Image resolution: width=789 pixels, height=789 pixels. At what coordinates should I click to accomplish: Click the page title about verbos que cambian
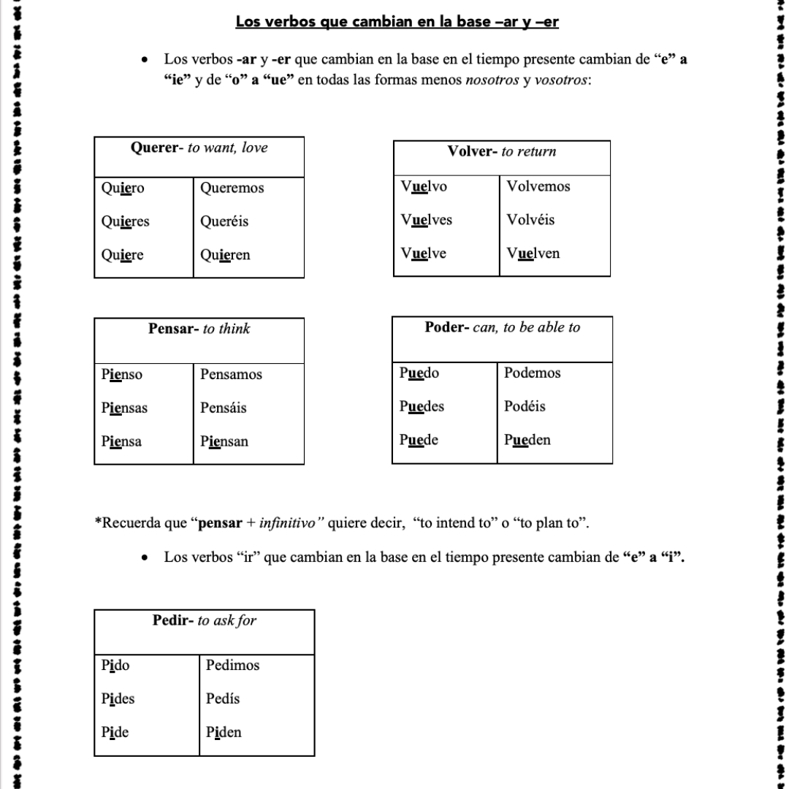pos(397,21)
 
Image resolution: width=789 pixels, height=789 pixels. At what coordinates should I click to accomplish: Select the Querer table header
pos(199,148)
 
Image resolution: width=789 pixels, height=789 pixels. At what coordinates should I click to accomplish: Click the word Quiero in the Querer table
pos(123,188)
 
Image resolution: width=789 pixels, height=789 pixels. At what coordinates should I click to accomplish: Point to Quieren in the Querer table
pos(225,256)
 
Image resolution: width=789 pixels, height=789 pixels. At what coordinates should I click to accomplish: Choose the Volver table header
pos(501,152)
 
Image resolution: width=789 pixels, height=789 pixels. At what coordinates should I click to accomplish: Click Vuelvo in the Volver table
pos(424,187)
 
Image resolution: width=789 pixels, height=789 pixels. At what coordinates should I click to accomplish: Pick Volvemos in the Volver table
pos(538,187)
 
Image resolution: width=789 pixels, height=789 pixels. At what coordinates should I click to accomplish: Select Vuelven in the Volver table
pos(533,254)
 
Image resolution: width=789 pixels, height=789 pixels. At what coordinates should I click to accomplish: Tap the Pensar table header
pos(199,329)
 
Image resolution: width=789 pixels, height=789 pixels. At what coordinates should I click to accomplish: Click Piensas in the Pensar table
pos(124,408)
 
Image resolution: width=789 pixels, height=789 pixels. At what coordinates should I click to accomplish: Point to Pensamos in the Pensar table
pos(231,375)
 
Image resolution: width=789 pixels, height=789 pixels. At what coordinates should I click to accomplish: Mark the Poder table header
pos(502,328)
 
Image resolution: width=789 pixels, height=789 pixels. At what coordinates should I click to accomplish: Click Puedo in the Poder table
pos(419,373)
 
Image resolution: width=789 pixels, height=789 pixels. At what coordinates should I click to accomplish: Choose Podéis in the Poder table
pos(525,407)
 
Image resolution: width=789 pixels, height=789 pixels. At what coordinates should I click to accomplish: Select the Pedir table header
pos(205,622)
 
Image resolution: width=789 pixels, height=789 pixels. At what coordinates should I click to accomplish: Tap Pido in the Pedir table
pos(115,666)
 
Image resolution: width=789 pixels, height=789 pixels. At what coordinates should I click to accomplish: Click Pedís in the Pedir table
pos(223,699)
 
